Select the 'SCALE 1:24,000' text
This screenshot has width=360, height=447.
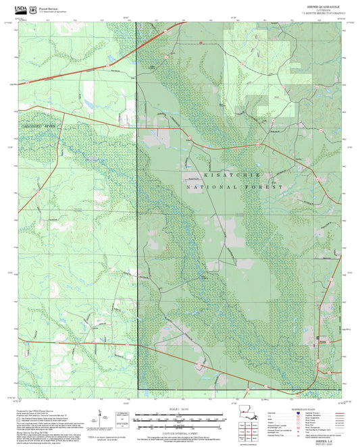tap(180, 409)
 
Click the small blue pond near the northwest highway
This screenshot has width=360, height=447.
tap(88, 103)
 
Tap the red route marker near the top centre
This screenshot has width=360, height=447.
tap(201, 42)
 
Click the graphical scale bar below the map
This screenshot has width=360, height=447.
tap(180, 419)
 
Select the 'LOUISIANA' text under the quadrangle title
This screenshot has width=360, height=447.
tap(323, 11)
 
